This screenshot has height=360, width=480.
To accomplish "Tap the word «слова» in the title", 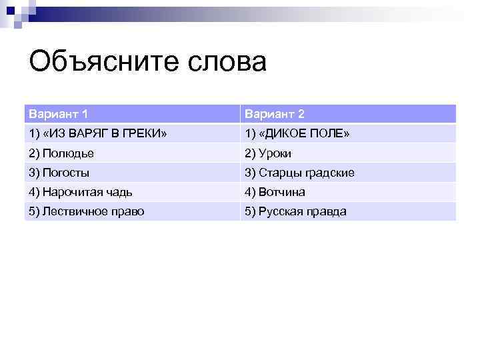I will (228, 63).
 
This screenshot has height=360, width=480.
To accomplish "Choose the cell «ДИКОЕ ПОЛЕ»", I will (297, 134).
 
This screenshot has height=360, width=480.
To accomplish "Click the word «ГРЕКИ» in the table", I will (148, 134).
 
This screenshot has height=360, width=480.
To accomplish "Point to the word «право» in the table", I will (129, 211).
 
